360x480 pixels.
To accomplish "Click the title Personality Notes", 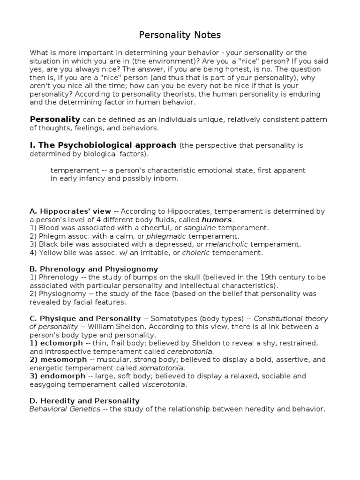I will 180,35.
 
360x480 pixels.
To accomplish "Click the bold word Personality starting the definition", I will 55,119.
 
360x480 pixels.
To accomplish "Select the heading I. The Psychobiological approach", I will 103,145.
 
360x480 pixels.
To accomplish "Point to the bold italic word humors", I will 217,219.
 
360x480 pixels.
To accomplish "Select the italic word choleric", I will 196,253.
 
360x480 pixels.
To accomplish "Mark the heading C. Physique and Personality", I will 85,318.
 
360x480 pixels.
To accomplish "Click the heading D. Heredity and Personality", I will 84,401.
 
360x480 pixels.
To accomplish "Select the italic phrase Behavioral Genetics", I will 65,409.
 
